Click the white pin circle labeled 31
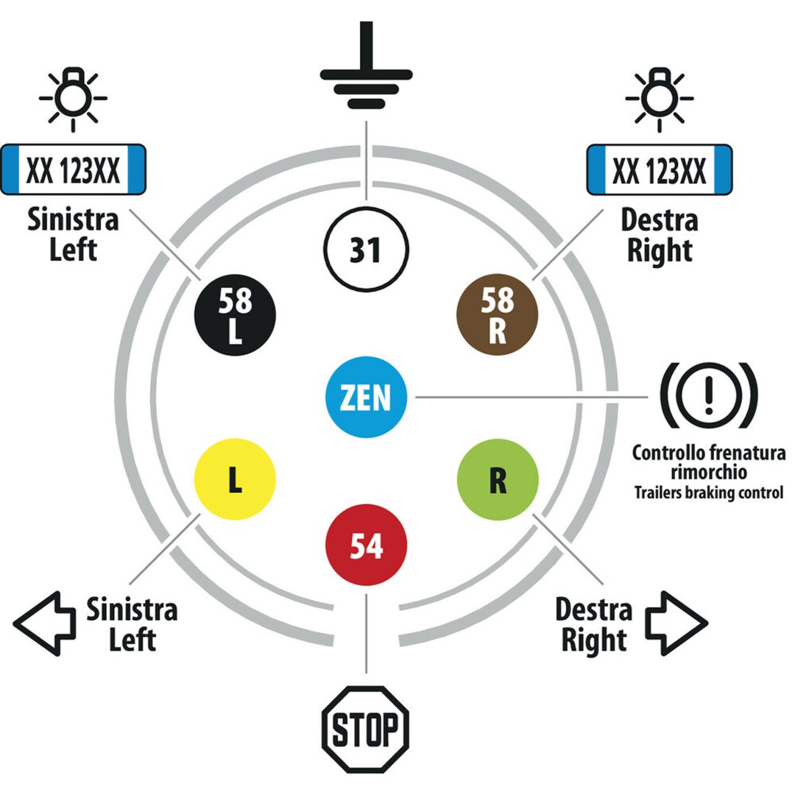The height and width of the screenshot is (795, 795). [x=365, y=250]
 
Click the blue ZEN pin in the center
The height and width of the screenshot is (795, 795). [x=366, y=397]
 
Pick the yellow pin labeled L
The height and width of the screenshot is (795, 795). [x=235, y=480]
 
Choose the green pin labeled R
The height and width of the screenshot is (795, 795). [x=498, y=480]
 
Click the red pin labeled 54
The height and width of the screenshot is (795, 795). [x=366, y=546]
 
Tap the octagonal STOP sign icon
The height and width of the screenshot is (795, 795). [x=366, y=729]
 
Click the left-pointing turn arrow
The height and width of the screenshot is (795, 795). [x=44, y=623]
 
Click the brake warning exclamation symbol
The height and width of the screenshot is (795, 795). [x=707, y=396]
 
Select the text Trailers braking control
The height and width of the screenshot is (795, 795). [x=708, y=492]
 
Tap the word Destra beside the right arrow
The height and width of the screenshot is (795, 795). [x=593, y=609]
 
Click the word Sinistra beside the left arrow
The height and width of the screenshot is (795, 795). [x=132, y=609]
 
